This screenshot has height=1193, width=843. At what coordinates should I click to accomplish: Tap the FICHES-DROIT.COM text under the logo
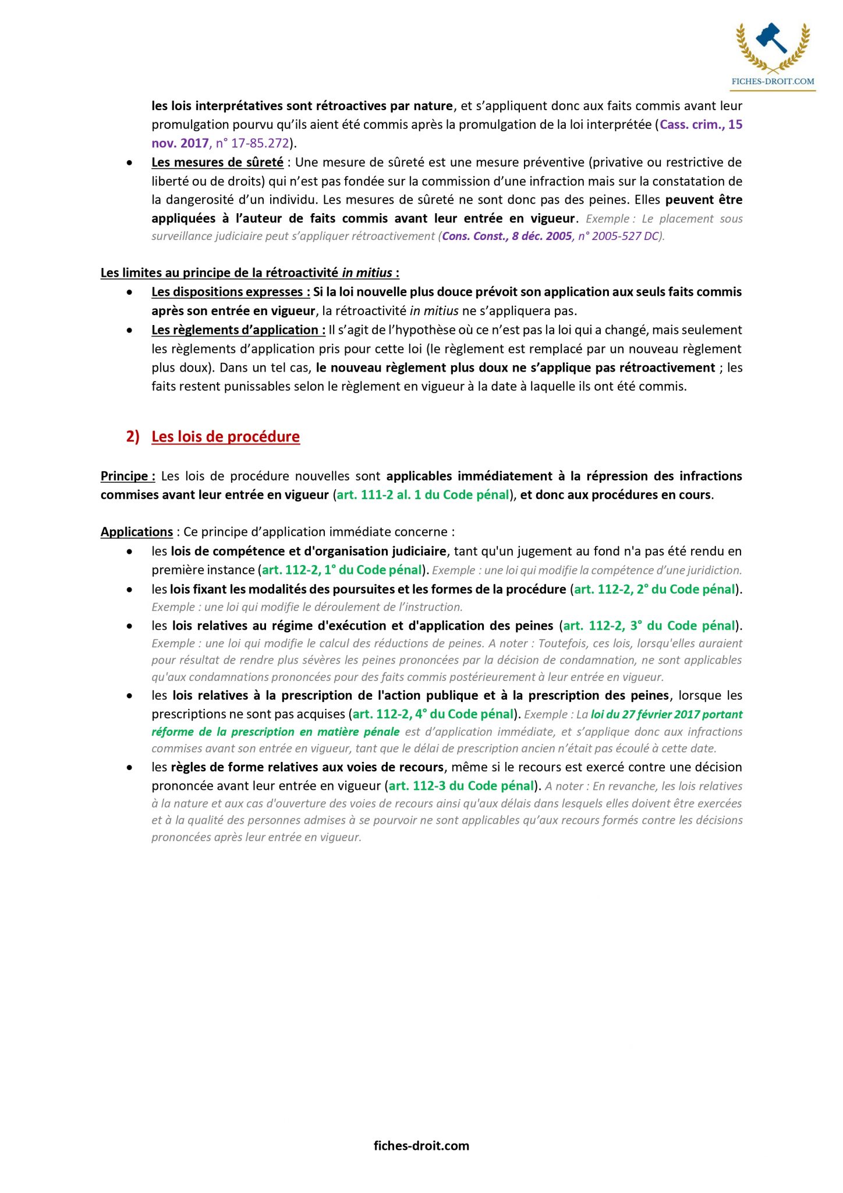(x=773, y=82)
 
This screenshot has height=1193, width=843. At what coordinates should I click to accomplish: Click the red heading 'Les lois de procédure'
(x=225, y=437)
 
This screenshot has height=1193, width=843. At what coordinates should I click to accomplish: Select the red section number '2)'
(x=133, y=437)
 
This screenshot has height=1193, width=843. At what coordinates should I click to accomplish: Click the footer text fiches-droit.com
(x=421, y=1145)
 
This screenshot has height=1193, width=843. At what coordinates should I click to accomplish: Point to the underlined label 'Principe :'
(x=127, y=477)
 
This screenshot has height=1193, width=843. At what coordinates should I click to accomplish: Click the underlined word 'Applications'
(x=136, y=532)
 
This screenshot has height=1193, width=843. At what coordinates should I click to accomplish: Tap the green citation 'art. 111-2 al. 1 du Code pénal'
(x=423, y=495)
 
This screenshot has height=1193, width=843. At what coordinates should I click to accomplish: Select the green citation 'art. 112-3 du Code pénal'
(x=461, y=786)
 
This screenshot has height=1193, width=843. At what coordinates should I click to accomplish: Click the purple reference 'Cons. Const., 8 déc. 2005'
(x=506, y=236)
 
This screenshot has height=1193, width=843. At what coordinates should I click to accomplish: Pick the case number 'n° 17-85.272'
(x=252, y=143)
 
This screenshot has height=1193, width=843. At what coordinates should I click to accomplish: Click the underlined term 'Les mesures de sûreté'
(x=217, y=163)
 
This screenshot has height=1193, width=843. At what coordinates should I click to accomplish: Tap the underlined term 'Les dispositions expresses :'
(x=231, y=292)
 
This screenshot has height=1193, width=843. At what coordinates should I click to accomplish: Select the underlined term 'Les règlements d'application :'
(x=238, y=330)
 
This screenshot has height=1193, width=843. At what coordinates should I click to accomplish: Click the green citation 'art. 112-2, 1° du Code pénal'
(x=342, y=570)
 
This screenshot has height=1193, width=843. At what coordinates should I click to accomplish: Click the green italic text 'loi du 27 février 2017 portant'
(x=667, y=715)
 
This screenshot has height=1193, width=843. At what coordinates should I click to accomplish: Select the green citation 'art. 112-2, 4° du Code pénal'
(x=434, y=714)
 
